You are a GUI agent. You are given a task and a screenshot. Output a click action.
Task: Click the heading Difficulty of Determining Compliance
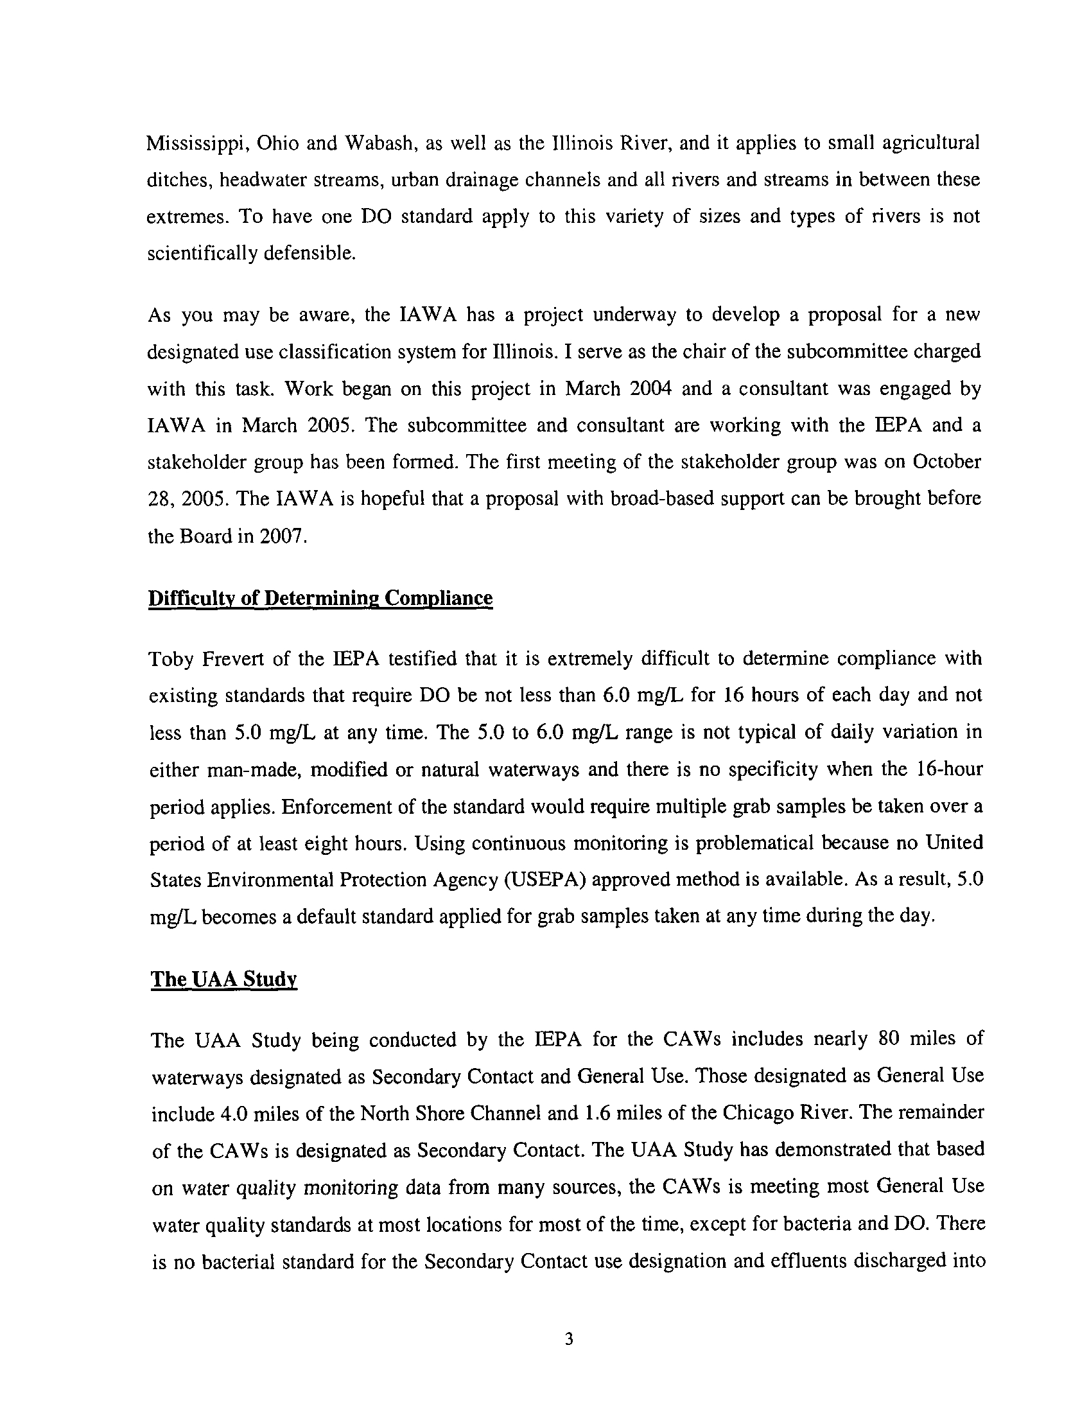[320, 598]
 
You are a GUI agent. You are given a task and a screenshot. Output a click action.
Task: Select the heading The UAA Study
[223, 979]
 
